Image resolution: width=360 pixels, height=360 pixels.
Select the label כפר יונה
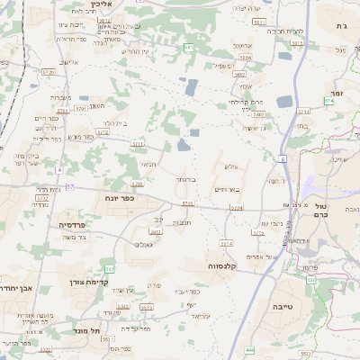120,197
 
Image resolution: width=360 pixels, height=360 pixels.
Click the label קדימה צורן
88,282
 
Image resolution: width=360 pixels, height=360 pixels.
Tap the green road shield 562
110,269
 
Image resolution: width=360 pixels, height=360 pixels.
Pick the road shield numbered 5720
49,71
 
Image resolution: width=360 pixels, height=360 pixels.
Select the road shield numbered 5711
138,143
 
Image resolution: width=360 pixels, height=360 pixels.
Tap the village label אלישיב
69,62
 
